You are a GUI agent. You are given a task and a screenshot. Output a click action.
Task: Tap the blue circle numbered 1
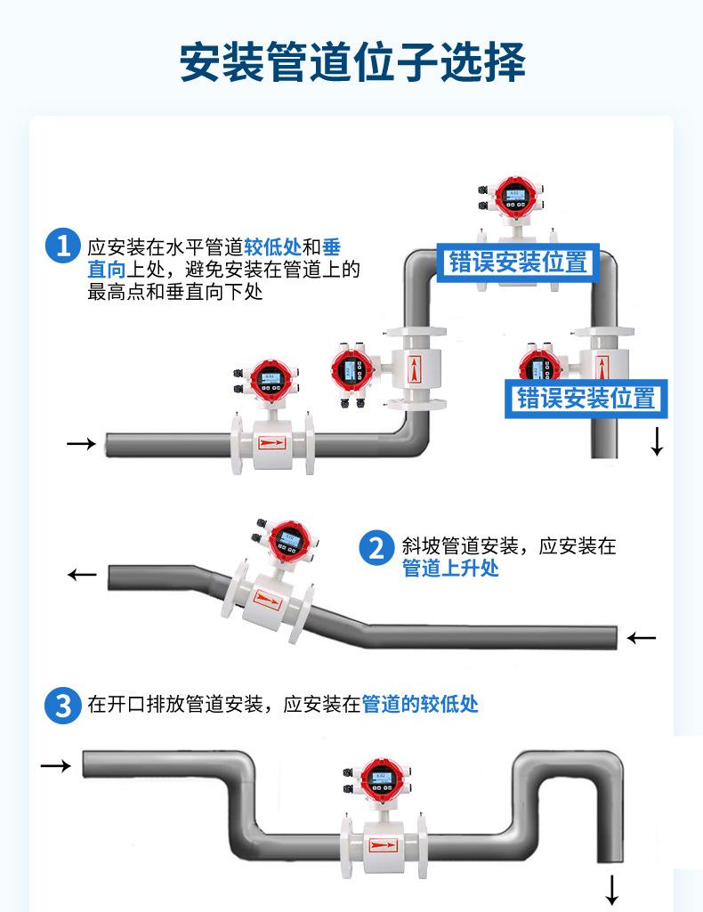(x=62, y=246)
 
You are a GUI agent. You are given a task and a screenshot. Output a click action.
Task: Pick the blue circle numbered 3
(x=62, y=706)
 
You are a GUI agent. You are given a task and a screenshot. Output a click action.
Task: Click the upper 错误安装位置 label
(x=518, y=262)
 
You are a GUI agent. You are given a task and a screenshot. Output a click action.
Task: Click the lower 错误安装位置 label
(x=586, y=397)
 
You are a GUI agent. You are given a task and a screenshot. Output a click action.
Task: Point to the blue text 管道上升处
(x=450, y=569)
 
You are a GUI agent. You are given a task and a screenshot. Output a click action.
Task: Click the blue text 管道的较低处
(x=420, y=705)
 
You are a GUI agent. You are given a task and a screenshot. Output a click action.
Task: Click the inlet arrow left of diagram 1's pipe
(x=82, y=443)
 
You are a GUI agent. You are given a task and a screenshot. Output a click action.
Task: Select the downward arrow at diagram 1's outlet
(x=657, y=442)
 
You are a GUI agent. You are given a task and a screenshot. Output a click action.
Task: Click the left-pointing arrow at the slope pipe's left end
(x=83, y=575)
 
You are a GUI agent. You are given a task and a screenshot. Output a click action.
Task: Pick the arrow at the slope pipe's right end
(x=641, y=638)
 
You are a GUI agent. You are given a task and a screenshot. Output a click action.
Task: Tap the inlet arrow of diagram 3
(x=55, y=764)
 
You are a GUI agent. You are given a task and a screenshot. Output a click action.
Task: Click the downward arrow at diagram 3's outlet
(x=612, y=888)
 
